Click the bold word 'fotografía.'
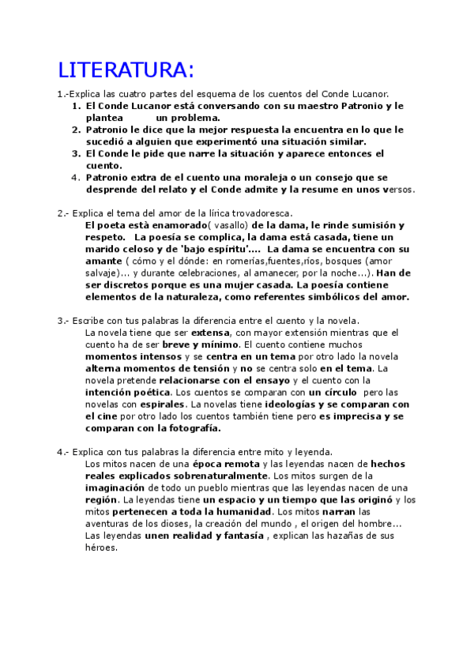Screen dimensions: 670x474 click(190, 428)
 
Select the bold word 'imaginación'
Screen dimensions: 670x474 click(115, 487)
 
